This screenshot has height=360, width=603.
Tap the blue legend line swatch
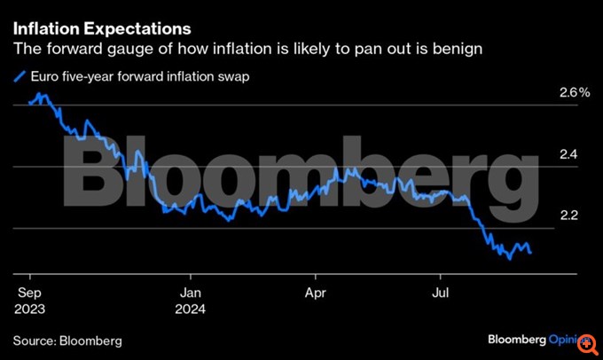(x=20, y=76)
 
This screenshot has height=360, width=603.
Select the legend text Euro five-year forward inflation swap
(x=139, y=76)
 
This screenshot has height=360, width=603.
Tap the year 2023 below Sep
(x=31, y=309)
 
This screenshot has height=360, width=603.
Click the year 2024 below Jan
(x=190, y=309)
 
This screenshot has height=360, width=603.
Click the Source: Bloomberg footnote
(x=67, y=340)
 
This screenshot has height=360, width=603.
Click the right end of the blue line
(x=530, y=252)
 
